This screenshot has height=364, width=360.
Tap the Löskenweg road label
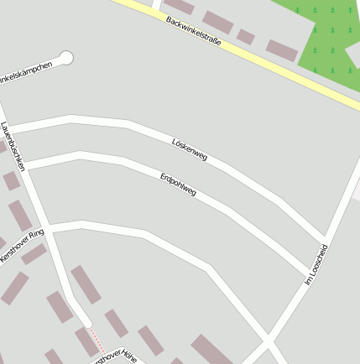[x=189, y=149]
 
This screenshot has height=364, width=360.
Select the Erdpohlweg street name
[x=178, y=185]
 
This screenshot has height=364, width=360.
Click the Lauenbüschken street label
[x=13, y=147]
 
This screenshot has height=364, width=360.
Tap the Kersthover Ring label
[x=23, y=246]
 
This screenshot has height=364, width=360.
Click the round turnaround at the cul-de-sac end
[x=66, y=58]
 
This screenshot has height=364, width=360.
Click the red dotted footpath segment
[x=97, y=339]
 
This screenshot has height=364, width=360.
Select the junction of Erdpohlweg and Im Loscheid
[x=310, y=273]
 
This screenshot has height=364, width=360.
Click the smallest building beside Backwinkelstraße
[x=245, y=37]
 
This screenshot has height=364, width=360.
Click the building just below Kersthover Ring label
[x=34, y=254]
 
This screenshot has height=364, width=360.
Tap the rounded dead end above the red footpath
[x=86, y=322]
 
